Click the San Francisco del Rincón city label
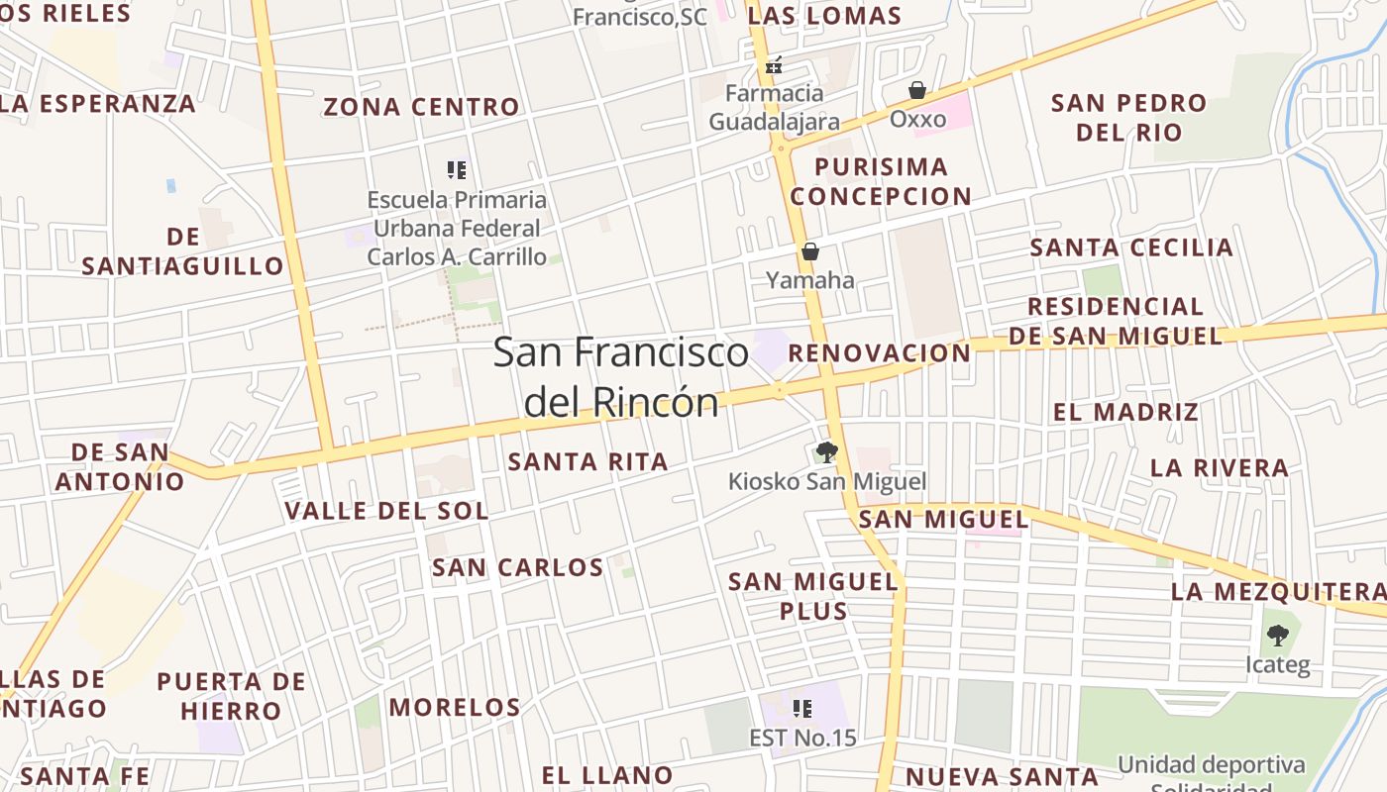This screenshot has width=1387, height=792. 620,377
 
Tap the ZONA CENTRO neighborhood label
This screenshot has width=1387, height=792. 421,107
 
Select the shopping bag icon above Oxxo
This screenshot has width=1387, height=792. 917,91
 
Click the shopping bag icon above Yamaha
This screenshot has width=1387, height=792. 810,252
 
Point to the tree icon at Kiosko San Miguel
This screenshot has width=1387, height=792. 826,453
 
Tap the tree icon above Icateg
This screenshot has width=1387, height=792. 1278,635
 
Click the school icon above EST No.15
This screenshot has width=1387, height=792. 802,709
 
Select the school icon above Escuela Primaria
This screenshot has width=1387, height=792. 456,170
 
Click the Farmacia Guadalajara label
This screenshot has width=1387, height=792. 774,108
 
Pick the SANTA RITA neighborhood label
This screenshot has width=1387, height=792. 587,461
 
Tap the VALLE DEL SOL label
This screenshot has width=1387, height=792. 386,511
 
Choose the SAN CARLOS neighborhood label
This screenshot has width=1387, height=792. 517,567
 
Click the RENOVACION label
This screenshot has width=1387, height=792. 880,353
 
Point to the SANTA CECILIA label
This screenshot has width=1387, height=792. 1131,247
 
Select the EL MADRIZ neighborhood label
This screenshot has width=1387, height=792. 1125,412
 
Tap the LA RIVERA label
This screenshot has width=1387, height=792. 1220,467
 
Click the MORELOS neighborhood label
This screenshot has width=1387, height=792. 455,707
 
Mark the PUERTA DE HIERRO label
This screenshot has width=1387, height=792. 232,696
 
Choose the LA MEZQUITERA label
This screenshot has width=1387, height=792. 1278,592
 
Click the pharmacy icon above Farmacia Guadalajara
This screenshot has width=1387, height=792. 774,66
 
